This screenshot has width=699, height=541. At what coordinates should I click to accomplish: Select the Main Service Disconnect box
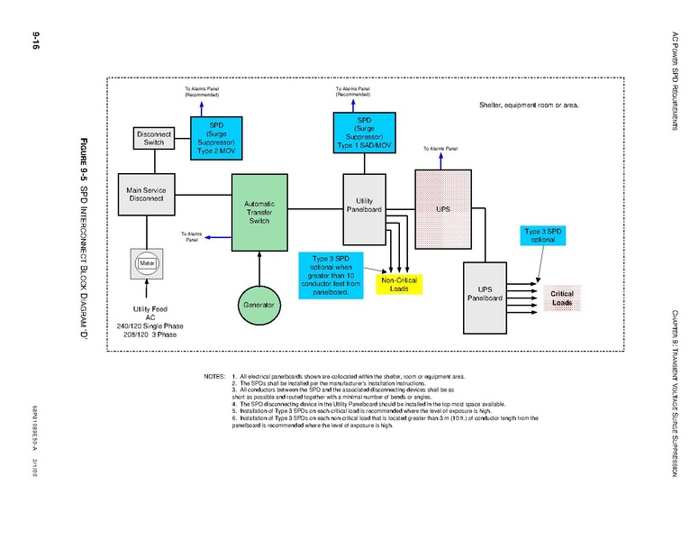point(148,195)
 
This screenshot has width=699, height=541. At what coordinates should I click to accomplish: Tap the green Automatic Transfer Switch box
point(259,212)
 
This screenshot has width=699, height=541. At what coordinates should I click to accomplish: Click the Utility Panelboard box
point(364,206)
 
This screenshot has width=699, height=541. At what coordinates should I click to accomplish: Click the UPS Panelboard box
point(485,295)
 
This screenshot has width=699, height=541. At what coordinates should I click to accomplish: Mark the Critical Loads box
point(562,298)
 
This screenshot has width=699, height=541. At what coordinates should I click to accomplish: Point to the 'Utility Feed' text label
point(150,309)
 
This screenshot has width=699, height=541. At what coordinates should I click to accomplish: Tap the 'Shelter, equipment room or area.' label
point(529,105)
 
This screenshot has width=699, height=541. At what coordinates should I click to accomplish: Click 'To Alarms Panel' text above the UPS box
point(440,148)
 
